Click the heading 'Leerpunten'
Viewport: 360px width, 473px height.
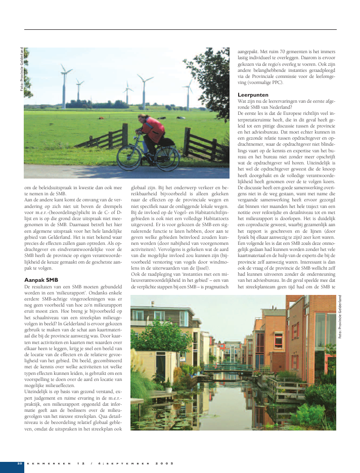pos(252,95)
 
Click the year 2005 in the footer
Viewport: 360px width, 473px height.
pos(164,463)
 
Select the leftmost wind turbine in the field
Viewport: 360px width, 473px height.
pos(64,81)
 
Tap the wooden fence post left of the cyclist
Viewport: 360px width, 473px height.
pos(124,135)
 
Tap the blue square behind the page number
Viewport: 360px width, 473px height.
pos(12,466)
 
